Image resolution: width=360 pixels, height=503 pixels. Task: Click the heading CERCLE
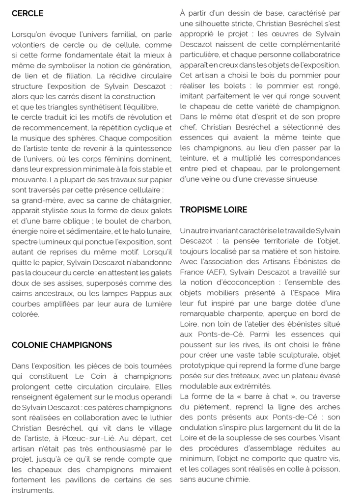pyautogui.click(x=28, y=13)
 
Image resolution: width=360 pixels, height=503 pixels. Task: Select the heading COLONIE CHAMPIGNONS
pyautogui.click(x=62, y=345)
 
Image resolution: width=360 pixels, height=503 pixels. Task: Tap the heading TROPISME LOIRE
pyautogui.click(x=214, y=210)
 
